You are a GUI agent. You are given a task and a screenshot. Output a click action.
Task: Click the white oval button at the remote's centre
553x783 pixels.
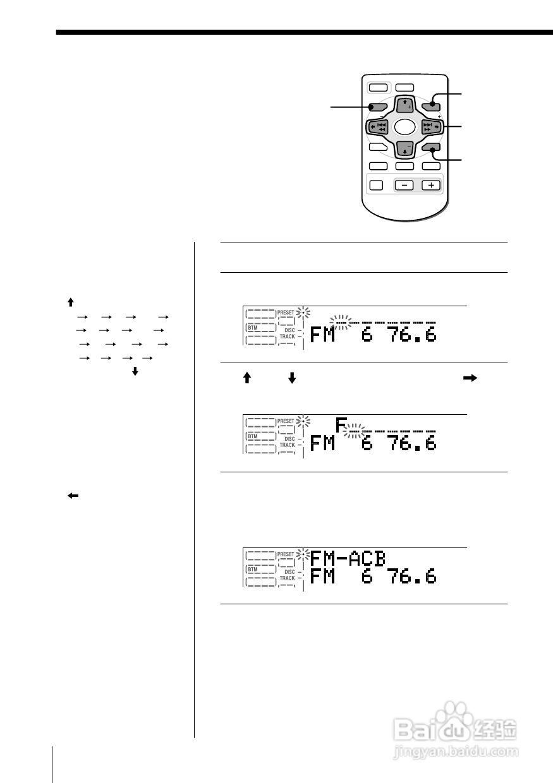404,127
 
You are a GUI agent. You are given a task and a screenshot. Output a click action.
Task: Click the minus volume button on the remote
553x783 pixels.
404,186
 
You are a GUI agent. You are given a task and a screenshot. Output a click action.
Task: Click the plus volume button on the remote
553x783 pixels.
431,186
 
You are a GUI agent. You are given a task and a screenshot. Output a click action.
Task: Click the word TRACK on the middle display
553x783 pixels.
288,445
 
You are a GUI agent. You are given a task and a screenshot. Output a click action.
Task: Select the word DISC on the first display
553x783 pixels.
289,330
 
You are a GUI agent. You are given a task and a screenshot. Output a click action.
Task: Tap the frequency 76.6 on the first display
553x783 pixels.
413,334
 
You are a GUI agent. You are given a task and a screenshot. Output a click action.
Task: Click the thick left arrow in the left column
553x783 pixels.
73,496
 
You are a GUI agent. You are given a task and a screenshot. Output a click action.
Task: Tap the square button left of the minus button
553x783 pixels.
375,186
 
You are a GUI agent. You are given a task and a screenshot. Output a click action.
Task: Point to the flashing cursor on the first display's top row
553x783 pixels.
342,323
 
